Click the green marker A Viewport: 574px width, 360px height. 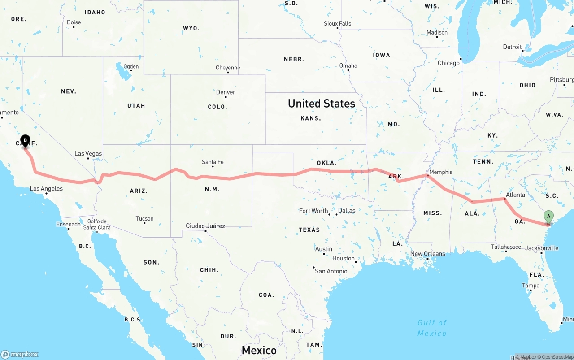point(548,217)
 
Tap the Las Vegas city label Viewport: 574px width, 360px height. point(88,154)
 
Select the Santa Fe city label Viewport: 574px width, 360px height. point(213,162)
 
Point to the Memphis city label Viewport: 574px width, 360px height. point(441,172)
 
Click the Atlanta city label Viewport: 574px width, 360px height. point(515,195)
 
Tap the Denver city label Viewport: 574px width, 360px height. point(226,92)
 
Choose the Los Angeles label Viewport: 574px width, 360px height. point(46,189)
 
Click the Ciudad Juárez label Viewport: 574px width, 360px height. point(205,226)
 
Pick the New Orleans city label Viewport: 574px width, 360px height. point(428,254)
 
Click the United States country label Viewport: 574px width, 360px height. point(322,104)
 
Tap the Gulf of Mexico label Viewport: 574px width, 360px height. point(432,328)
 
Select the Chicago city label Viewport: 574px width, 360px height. point(448,63)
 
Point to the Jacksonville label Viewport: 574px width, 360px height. point(542,248)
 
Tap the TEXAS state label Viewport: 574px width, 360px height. point(309,230)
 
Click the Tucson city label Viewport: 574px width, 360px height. point(144,219)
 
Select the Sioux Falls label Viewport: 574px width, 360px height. point(338,23)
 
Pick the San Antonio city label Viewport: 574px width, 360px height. point(331,271)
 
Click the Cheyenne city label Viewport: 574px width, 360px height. point(228,68)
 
